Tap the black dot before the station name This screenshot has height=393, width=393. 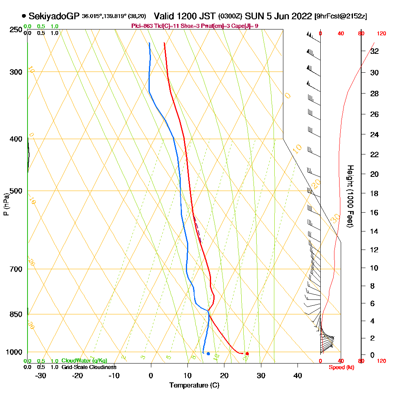(24, 16)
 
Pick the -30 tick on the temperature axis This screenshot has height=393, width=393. (41, 375)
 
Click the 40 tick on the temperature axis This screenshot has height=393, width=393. (298, 375)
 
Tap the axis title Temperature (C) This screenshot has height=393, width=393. (194, 385)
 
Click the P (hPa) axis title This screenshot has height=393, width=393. (6, 204)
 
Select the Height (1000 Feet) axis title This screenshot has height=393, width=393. (349, 196)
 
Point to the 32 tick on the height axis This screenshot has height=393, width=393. (375, 51)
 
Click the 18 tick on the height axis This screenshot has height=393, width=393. (375, 193)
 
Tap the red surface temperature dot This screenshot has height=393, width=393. (247, 354)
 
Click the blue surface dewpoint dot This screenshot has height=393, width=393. (208, 354)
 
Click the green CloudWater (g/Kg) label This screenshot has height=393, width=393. (84, 360)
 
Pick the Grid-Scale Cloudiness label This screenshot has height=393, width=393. (89, 367)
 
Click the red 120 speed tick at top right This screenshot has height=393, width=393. (381, 34)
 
